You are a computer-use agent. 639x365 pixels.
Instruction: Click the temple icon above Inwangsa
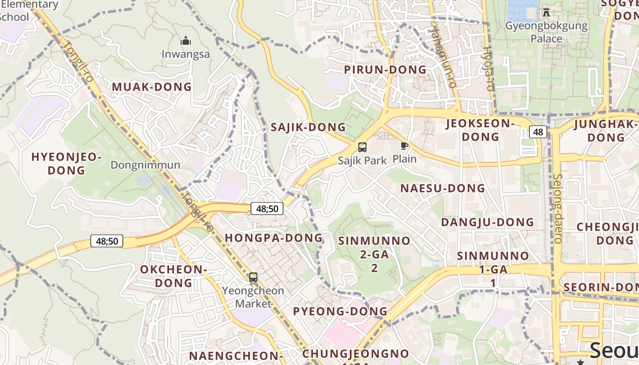point(186,41)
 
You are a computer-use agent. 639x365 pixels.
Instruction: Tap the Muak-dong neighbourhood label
point(152,87)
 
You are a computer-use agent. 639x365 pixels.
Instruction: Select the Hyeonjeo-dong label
point(66,164)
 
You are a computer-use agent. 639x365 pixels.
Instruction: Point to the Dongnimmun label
point(145,165)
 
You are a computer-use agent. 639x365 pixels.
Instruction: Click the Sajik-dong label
point(308,127)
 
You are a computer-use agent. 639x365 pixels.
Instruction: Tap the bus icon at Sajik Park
point(362,147)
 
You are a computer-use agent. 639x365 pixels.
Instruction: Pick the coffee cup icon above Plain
point(404,146)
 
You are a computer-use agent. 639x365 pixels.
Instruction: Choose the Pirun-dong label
point(385,70)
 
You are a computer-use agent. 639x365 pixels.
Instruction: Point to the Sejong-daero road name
point(558,208)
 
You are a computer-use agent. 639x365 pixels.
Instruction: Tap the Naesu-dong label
point(442,188)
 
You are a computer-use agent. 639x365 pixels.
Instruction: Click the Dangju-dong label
point(487,222)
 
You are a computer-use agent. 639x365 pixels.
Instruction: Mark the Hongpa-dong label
point(273,238)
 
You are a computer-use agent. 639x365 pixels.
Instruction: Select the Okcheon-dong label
point(173,276)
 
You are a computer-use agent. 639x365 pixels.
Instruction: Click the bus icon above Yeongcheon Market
point(253,277)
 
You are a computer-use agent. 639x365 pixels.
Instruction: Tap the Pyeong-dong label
point(340,312)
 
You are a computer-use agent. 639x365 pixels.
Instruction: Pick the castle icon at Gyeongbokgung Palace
point(546,12)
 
